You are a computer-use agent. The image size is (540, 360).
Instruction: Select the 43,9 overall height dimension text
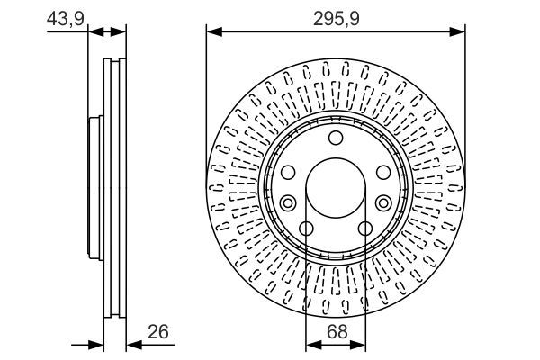[62, 17]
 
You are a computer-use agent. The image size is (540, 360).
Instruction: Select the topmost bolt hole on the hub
[336, 137]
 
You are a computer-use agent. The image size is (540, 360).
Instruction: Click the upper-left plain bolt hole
[289, 172]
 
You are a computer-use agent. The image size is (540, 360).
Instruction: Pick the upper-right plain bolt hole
[382, 172]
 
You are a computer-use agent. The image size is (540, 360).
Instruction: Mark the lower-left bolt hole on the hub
[306, 228]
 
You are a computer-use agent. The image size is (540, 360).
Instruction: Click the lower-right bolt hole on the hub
[365, 228]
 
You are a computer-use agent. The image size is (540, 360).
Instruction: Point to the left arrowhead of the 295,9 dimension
[212, 32]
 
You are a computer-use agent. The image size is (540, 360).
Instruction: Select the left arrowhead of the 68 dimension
[311, 344]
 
